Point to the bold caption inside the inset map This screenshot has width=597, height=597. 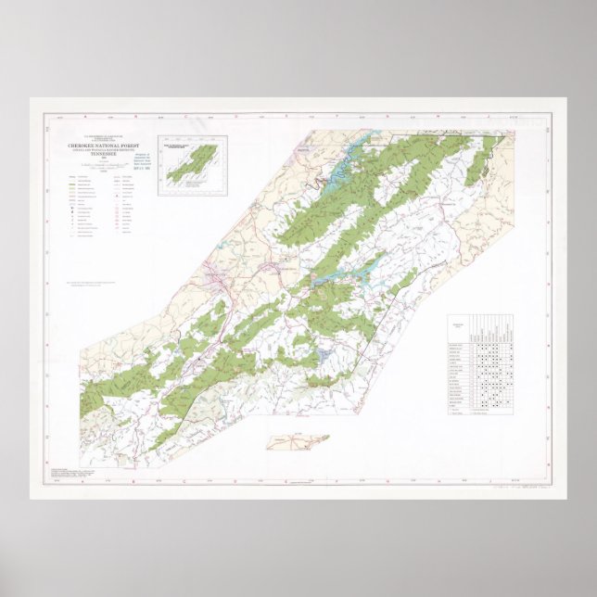pyautogui.click(x=190, y=146)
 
